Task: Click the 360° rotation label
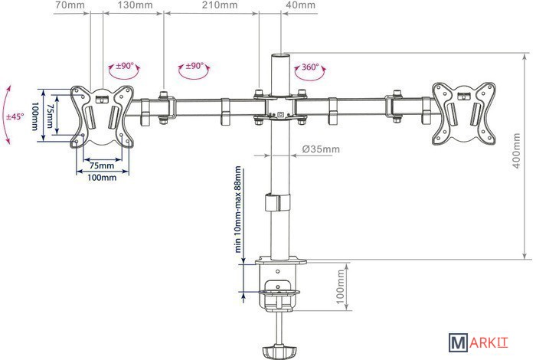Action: [310, 67]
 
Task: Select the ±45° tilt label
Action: [15, 116]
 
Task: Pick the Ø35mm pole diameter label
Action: [321, 149]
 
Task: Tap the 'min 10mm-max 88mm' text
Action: [238, 208]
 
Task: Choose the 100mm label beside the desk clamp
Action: [341, 286]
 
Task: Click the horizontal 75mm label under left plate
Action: [101, 165]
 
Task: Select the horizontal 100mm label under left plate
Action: [101, 178]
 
